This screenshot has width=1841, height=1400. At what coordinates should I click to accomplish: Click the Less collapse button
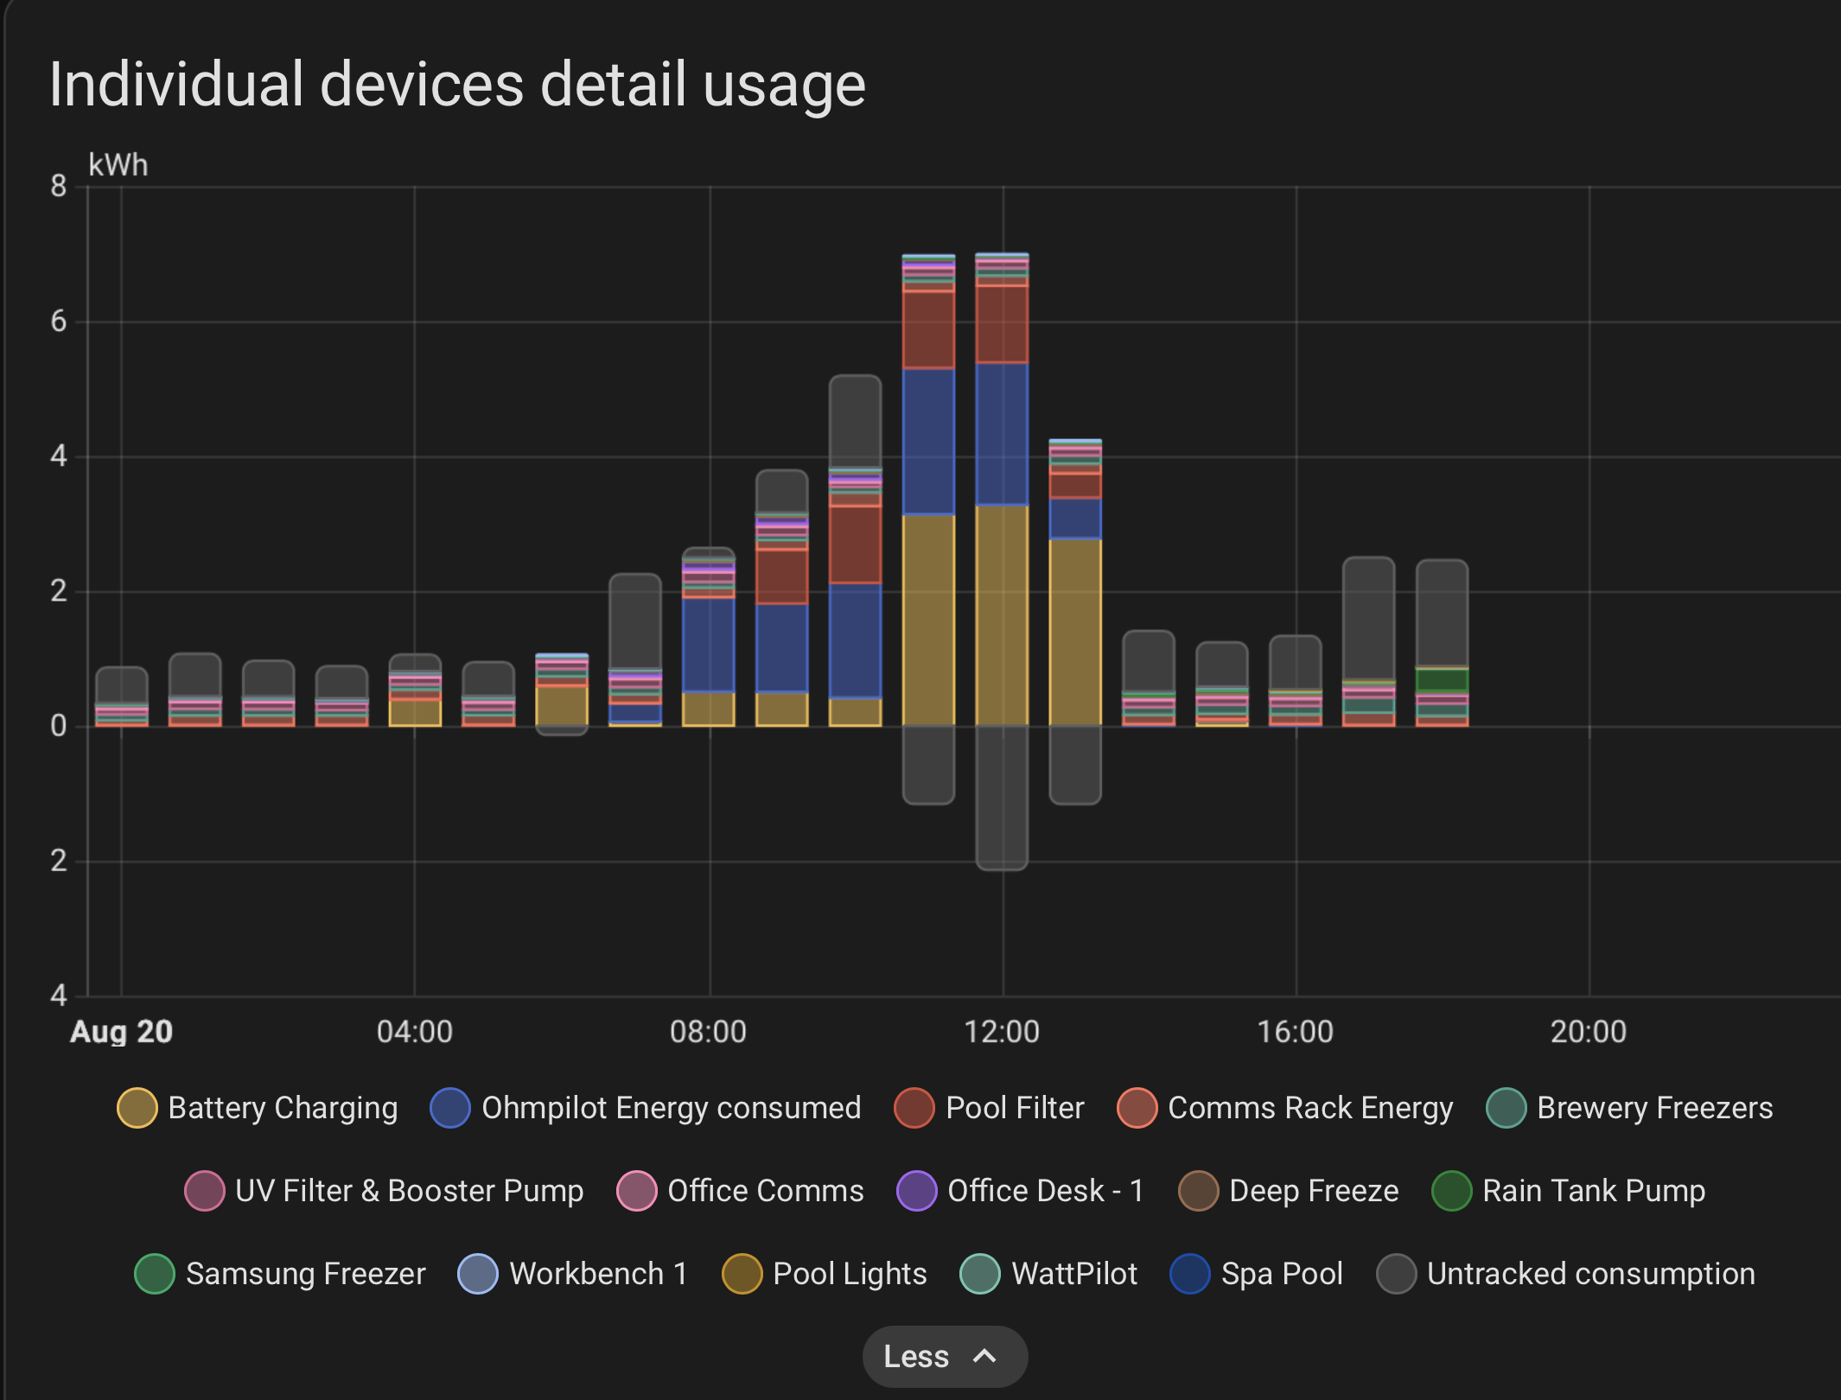(x=944, y=1356)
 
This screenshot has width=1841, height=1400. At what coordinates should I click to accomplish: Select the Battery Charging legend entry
(x=258, y=1108)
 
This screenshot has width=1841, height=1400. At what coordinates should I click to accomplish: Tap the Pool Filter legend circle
(x=914, y=1108)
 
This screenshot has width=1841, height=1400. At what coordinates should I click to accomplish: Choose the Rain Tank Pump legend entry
(x=1569, y=1191)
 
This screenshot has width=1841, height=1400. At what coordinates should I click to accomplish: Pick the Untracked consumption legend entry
(x=1566, y=1274)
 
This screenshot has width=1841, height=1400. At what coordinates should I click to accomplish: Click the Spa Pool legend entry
(x=1257, y=1274)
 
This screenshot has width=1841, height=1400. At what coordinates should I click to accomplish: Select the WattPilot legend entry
(x=1049, y=1274)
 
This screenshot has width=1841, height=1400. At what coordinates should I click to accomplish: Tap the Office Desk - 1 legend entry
(x=1021, y=1191)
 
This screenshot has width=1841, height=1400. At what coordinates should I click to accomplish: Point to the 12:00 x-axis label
(x=1002, y=1032)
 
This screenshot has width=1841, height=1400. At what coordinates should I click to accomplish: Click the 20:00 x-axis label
(x=1589, y=1032)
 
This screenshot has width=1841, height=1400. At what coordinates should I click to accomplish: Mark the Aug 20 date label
(x=122, y=1032)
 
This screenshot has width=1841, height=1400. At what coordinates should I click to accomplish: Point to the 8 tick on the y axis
(x=58, y=186)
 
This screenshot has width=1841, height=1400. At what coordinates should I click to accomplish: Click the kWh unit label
(x=118, y=165)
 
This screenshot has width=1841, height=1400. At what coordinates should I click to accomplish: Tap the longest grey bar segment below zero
(x=1002, y=797)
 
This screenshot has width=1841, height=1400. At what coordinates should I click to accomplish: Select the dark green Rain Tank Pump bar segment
(x=1442, y=680)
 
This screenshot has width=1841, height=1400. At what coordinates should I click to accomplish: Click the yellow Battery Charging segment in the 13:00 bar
(x=1075, y=631)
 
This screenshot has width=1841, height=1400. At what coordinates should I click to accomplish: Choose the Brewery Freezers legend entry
(x=1629, y=1108)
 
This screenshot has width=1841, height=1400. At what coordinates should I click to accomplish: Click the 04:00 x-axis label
(x=415, y=1032)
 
